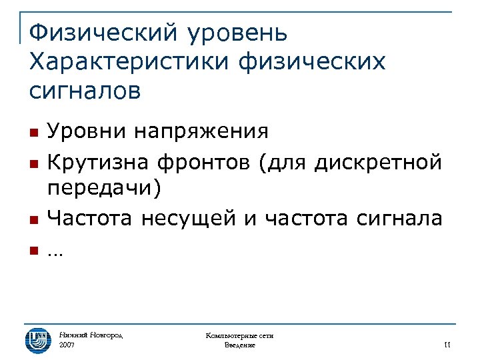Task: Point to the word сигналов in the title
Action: point(85,90)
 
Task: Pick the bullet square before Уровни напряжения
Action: point(33,131)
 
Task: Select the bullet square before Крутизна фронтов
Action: point(33,162)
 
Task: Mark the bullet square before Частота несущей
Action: point(33,219)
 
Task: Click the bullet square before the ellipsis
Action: point(33,251)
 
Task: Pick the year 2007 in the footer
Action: point(67,346)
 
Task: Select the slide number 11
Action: point(447,345)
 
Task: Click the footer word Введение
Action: point(240,346)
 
